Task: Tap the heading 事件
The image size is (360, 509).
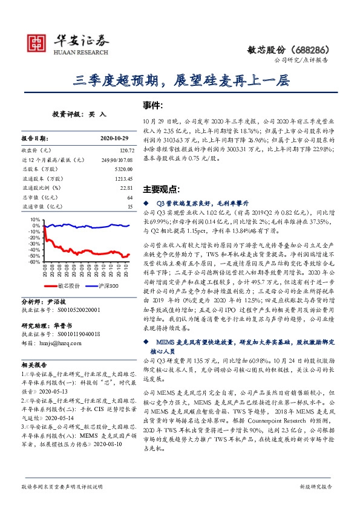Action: (x=155, y=105)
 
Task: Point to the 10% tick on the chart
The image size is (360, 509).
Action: (x=35, y=219)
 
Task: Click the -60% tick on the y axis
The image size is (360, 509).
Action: (x=34, y=262)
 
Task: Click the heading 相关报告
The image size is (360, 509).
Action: (x=32, y=365)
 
